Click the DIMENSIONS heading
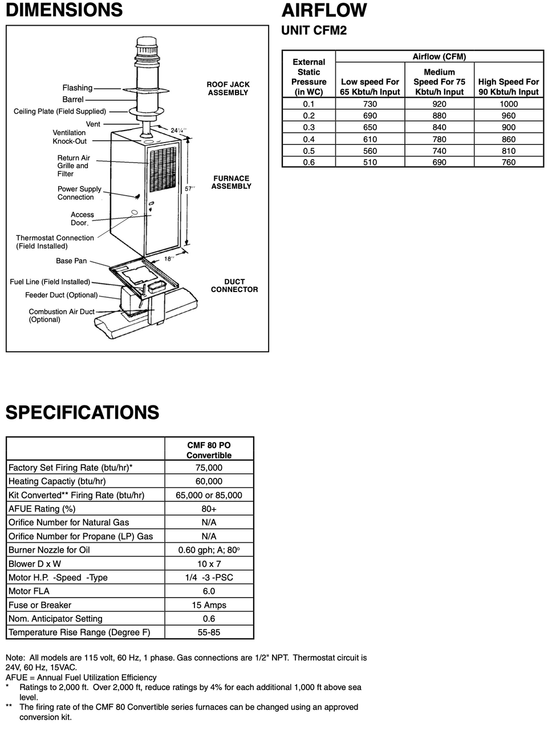point(64,10)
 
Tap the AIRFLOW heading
point(324,10)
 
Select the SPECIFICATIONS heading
point(82,412)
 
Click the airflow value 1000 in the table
point(508,104)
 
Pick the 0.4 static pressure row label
point(309,139)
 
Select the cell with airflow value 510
point(370,163)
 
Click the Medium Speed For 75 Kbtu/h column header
point(439,82)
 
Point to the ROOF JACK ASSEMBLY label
point(228,88)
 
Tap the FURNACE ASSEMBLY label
point(231,182)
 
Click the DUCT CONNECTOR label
point(234,286)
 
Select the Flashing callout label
point(77,88)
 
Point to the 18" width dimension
point(169,258)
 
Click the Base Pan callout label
point(71,261)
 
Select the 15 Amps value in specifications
point(209,605)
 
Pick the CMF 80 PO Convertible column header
point(209,450)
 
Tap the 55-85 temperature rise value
point(209,632)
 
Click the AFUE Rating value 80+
point(209,509)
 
